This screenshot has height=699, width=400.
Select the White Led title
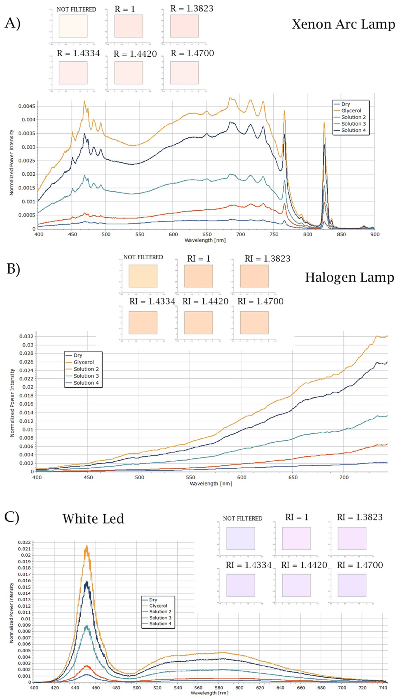(x=93, y=519)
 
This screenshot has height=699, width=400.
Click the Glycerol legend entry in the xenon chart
(x=351, y=111)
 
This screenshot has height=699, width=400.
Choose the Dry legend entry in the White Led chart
(x=153, y=600)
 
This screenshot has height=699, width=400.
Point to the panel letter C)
(x=12, y=517)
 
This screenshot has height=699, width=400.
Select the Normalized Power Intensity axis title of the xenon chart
(x=12, y=162)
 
